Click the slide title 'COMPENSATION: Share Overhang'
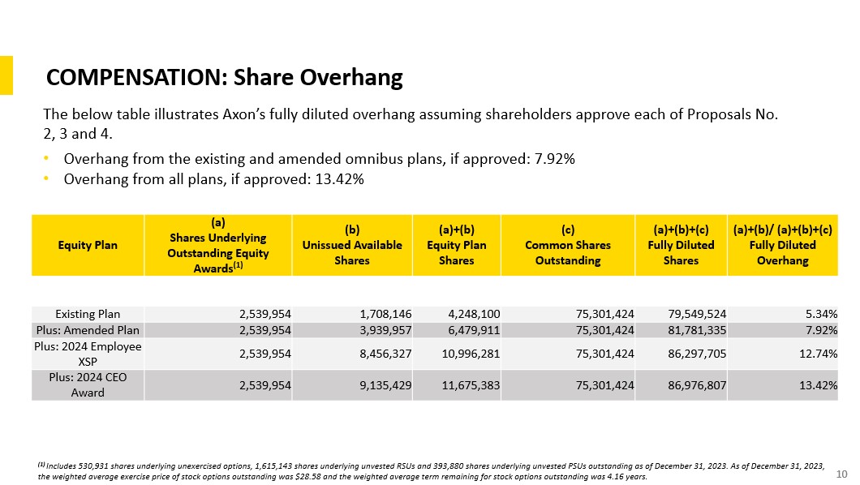(x=225, y=77)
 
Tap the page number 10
(x=841, y=474)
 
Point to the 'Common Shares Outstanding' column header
(x=568, y=245)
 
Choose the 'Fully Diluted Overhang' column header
(x=782, y=245)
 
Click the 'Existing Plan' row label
(x=88, y=313)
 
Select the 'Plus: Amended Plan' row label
(x=88, y=330)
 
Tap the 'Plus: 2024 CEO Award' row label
(x=88, y=384)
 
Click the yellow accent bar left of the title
(x=6, y=75)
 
